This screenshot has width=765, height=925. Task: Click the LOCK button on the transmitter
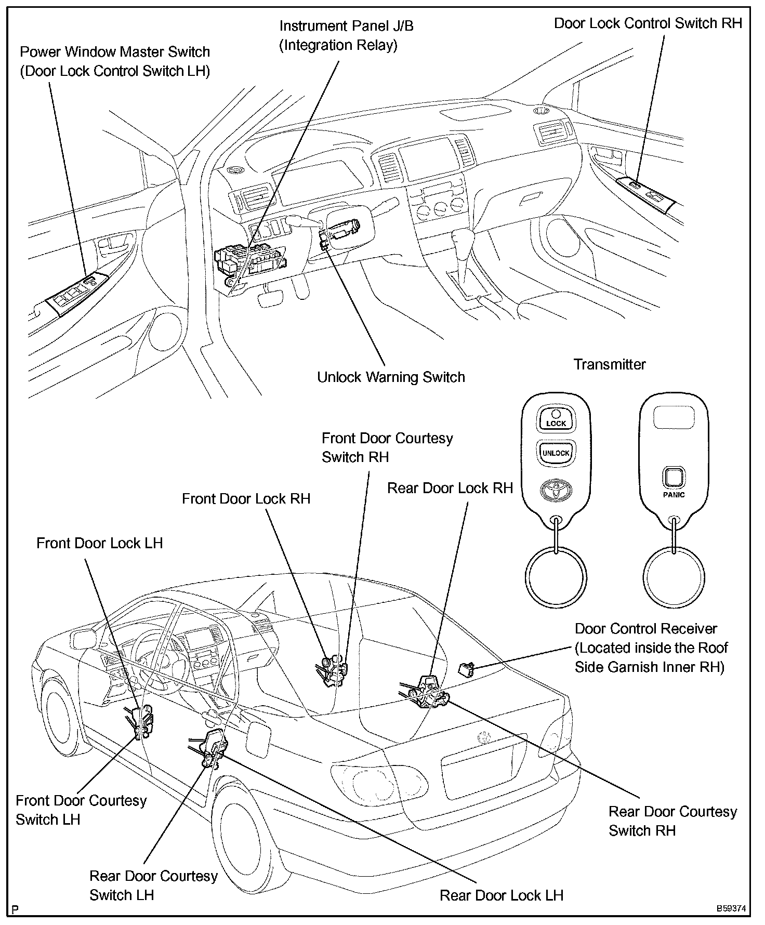[556, 418]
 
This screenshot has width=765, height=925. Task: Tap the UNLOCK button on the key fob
[556, 452]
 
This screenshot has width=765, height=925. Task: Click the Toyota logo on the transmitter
[556, 490]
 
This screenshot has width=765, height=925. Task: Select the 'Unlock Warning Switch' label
[391, 377]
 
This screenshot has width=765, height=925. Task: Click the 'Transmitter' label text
[609, 364]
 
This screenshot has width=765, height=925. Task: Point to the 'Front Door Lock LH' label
[99, 543]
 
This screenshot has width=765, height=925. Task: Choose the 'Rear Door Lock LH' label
[501, 895]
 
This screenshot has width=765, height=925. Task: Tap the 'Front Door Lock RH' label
[246, 498]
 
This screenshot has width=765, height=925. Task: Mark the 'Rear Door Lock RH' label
[450, 488]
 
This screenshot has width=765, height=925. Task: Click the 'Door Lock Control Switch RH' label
[648, 23]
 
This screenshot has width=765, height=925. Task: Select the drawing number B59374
[731, 909]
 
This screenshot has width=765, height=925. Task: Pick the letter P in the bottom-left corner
[16, 909]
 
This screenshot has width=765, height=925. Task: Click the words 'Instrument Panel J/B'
[346, 25]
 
